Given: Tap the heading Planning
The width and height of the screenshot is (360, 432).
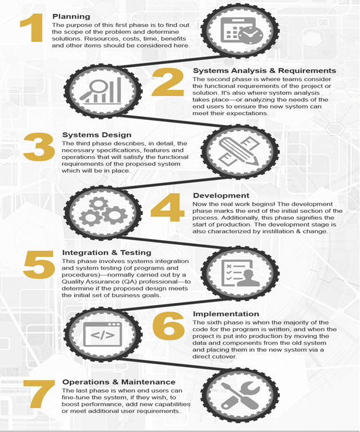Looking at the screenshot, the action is coord(71,16).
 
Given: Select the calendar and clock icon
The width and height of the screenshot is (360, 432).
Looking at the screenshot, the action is coord(241,30).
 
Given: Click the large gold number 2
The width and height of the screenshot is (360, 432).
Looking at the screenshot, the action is coord(168,82).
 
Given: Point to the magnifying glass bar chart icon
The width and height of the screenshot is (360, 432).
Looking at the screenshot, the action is coord(101,90).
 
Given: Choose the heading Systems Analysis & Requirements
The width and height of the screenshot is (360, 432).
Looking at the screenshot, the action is coord(264,71).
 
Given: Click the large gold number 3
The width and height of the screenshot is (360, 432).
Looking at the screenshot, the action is coord(39,147).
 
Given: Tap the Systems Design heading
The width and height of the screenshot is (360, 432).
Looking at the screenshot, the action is coord(96,134).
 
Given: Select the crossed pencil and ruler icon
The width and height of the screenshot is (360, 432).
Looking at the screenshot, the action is coord(239,151).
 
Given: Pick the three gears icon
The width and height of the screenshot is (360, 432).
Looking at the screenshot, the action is coord(103,212).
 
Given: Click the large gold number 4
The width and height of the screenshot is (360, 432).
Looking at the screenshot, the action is coord(168,208).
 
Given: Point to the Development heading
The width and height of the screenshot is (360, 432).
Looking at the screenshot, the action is coord(221,195).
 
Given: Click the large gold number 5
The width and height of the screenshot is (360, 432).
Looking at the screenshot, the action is coord(39,264).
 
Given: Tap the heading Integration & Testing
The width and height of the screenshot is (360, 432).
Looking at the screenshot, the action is coord(106,253).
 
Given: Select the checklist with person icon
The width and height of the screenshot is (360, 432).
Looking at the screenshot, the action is coord(240,273).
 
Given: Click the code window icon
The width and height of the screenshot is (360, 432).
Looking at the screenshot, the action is coord(102,334).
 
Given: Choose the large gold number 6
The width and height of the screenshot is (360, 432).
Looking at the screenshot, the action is coord(168,326).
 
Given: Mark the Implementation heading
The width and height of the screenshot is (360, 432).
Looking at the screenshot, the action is coord(226,314).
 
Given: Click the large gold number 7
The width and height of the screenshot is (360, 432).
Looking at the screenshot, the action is coord(39,394).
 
